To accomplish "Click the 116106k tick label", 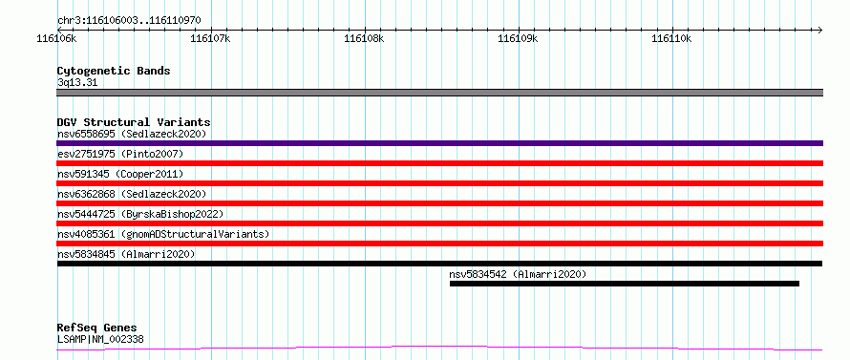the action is point(57,38).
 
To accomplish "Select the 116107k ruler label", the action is point(211,38).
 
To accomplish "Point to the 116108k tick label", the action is point(365,38).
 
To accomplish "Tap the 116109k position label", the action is point(519,38).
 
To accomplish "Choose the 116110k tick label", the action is point(672,38).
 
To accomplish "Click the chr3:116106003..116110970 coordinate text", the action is point(129,21).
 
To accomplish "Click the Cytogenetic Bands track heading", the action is point(114,71).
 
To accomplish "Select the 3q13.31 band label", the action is point(77,83).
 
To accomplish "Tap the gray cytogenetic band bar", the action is point(439,93).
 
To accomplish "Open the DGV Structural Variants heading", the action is point(134,122).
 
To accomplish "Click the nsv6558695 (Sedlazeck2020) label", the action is point(132,134).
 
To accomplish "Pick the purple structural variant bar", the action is point(439,143).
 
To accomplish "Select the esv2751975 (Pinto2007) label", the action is point(120,154).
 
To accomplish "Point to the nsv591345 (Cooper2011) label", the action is point(120,174).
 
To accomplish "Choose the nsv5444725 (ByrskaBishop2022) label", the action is point(139,214).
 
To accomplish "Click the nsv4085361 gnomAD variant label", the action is point(163,234).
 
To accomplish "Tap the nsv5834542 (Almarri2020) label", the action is point(518,274).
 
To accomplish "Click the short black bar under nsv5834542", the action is point(625,284).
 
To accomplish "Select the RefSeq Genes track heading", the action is point(96,328).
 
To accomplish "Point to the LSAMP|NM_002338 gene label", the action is point(100,340).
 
